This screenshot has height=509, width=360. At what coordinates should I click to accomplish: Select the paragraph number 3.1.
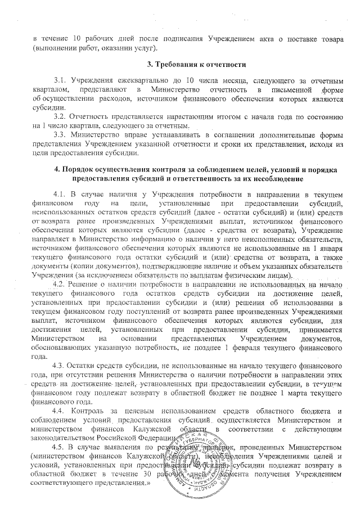click(59, 80)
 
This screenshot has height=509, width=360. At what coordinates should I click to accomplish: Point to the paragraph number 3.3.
click(58, 135)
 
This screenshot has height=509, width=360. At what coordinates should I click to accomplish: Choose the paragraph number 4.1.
click(58, 193)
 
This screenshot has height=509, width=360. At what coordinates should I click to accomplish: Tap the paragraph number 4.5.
click(59, 447)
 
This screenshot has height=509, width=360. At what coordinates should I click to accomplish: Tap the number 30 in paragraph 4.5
click(148, 474)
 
